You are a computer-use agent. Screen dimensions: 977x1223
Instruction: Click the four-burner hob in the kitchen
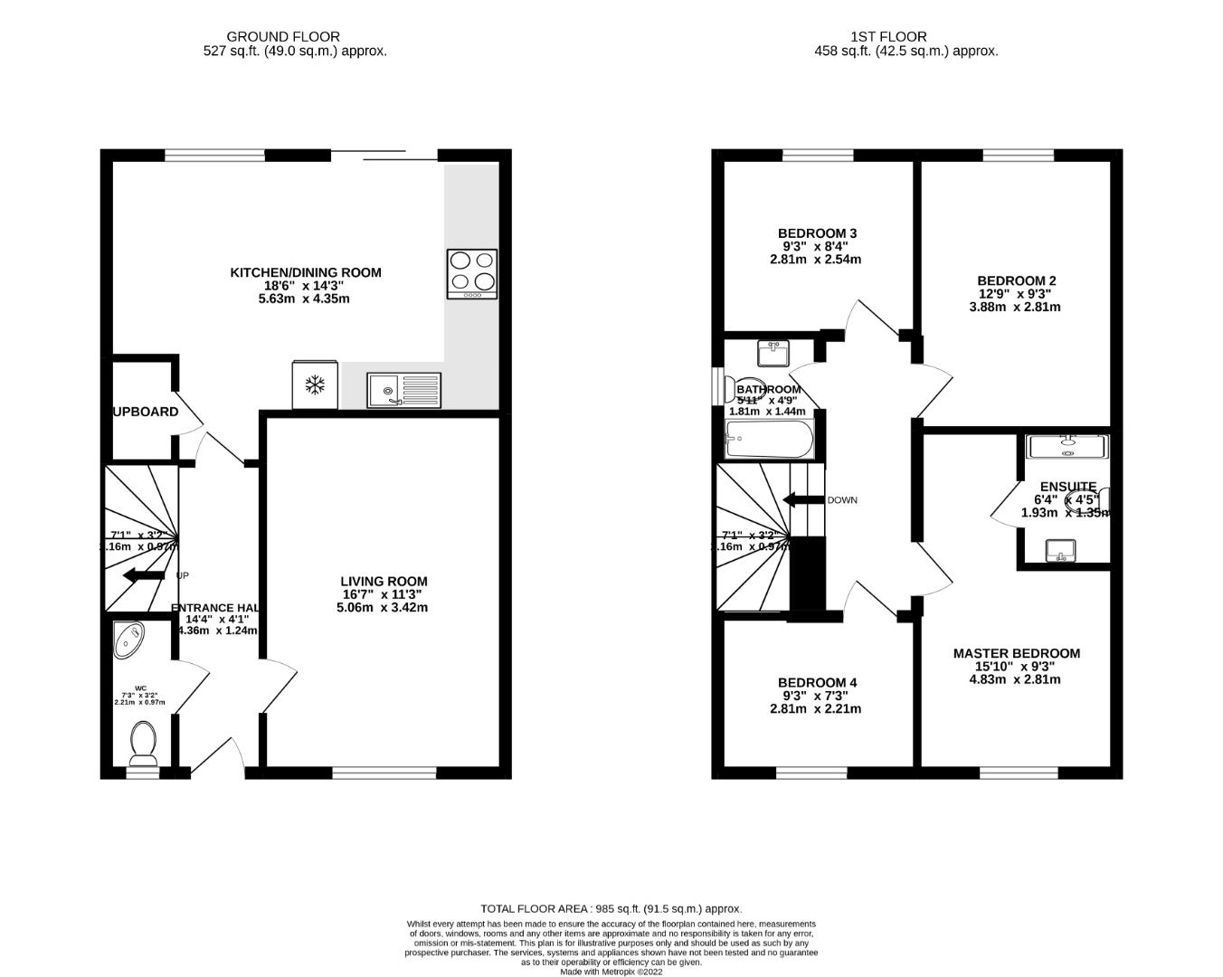click(x=472, y=273)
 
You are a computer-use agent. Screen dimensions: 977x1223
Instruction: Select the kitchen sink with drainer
click(x=404, y=390)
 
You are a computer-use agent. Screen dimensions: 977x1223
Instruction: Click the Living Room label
click(x=384, y=581)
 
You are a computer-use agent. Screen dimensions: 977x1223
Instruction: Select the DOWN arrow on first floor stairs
click(x=802, y=500)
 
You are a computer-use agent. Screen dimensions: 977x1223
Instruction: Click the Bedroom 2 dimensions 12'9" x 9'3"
click(x=1016, y=293)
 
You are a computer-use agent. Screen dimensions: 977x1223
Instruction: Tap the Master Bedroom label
click(x=1016, y=653)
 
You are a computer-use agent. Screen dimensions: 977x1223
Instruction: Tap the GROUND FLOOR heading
click(x=283, y=37)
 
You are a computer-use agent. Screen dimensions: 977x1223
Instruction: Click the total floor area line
click(x=611, y=908)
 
